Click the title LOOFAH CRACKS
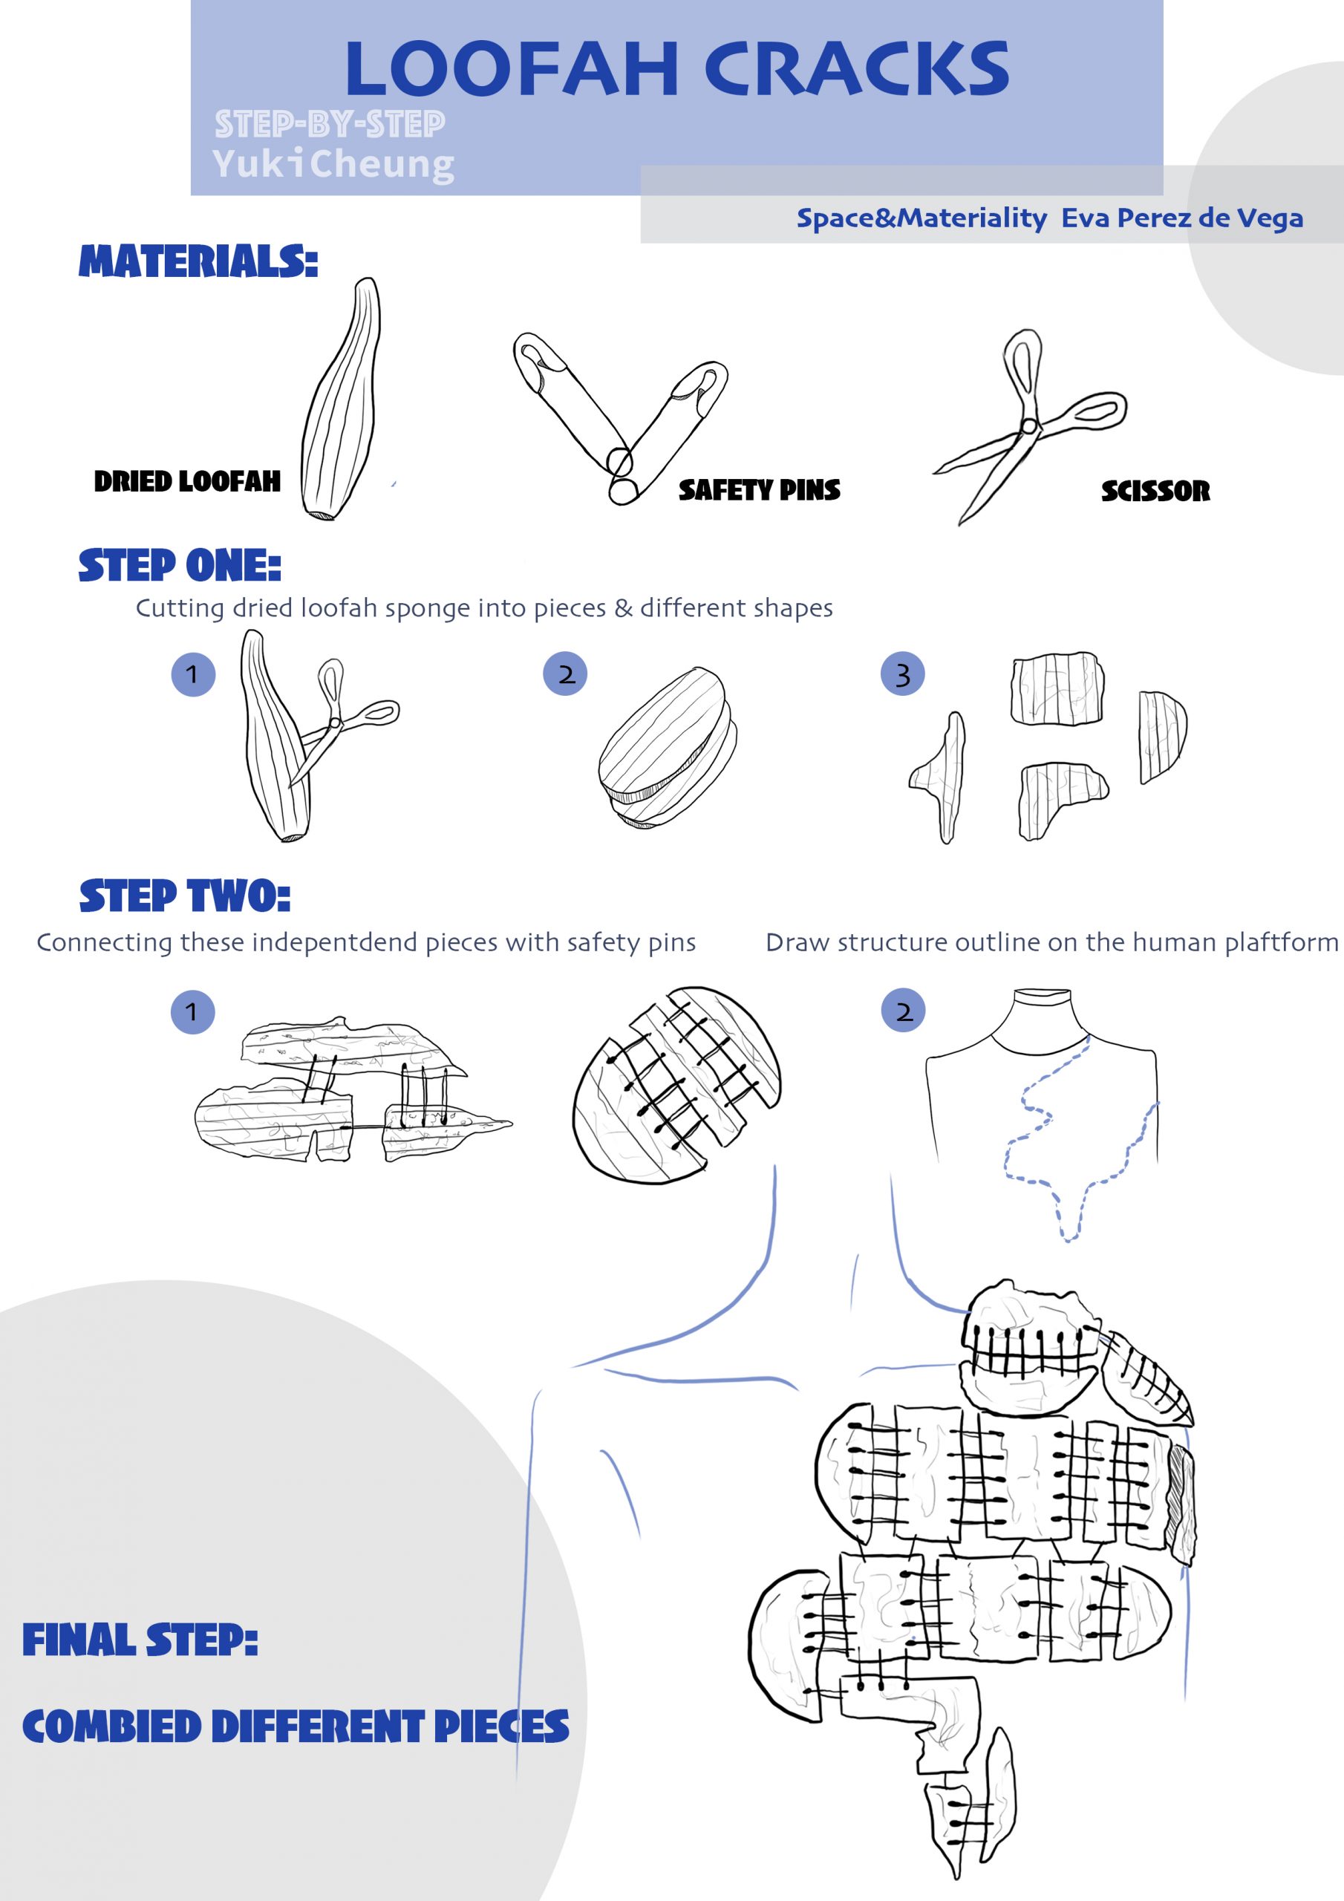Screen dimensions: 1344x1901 pos(676,69)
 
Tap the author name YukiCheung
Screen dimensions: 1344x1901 pos(333,164)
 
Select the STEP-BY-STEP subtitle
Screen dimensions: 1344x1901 pos(330,124)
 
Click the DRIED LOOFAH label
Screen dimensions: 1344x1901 pos(187,481)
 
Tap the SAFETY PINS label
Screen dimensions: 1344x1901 pos(760,490)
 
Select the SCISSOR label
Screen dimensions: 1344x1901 pos(1155,491)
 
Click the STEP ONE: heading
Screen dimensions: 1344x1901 pos(180,566)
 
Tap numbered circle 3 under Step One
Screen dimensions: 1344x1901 pos(903,674)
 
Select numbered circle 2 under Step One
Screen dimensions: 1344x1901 pos(565,674)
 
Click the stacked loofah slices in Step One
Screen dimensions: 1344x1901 pos(668,748)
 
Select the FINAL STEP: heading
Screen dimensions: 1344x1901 pos(140,1640)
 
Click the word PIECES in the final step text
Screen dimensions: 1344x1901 pos(502,1726)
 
